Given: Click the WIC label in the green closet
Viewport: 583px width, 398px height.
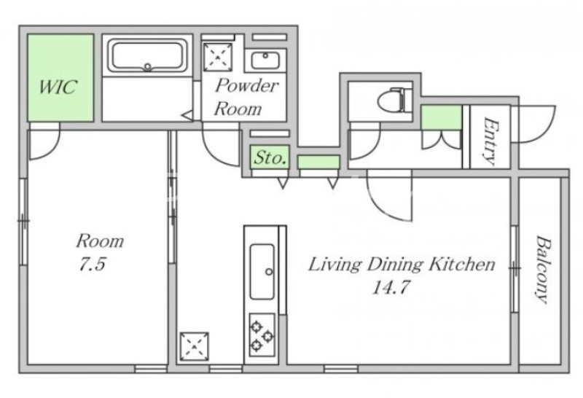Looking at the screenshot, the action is tap(58, 87).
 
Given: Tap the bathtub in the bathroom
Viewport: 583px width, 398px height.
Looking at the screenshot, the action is tap(147, 56).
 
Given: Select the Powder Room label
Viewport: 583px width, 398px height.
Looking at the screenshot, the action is tap(246, 97).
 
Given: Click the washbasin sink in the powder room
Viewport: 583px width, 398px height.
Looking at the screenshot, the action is tap(265, 61).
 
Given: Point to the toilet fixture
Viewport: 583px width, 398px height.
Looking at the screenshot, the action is tap(394, 99).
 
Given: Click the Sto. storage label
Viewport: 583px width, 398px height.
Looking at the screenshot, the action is tap(270, 157).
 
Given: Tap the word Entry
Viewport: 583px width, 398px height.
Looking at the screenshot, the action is tap(490, 141).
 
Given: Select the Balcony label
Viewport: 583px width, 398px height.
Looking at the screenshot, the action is tap(542, 269).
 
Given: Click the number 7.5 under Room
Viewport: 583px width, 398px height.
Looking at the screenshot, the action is tap(93, 264).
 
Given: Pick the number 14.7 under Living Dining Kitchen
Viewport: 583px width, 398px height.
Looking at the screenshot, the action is tap(391, 286).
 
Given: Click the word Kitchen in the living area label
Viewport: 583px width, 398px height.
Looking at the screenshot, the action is tap(462, 264).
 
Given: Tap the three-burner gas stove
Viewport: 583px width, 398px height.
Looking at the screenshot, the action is tap(262, 335).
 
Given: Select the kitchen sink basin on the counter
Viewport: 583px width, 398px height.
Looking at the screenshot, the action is tap(262, 272).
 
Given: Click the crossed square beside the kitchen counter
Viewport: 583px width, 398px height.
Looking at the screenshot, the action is tap(194, 347).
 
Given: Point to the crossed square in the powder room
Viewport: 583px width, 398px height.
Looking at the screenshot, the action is tap(217, 57).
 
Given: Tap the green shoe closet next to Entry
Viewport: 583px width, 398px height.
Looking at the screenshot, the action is tap(442, 117).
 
